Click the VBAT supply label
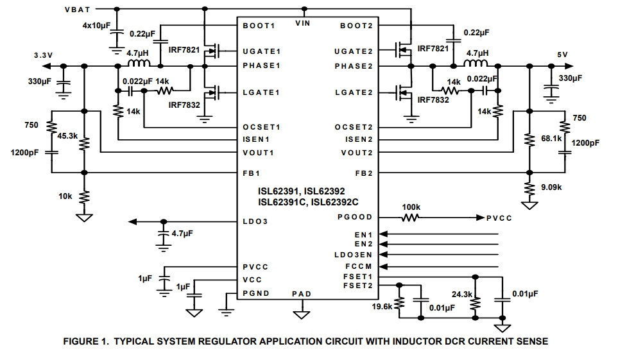[x=78, y=10]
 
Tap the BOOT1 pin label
[x=259, y=26]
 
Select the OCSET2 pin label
[x=354, y=127]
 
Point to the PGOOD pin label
[x=355, y=218]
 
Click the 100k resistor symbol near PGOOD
[x=410, y=218]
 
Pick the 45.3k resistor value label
[x=67, y=136]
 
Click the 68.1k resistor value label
[x=551, y=139]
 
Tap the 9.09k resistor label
[x=551, y=187]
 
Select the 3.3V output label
[x=44, y=56]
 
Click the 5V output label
[x=562, y=55]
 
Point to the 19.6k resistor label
[x=382, y=306]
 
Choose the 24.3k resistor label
[x=462, y=295]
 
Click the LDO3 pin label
[x=255, y=221]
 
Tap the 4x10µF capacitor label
[x=96, y=26]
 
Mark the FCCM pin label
[x=359, y=266]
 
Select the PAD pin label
[x=302, y=294]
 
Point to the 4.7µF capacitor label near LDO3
[x=182, y=234]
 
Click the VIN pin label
[x=303, y=24]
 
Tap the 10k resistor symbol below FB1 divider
[x=84, y=196]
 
